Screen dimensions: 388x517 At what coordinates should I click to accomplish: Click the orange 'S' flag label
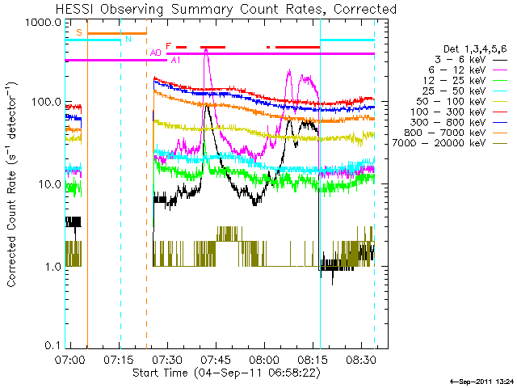click(79, 33)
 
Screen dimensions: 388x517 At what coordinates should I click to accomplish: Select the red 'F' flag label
click(168, 46)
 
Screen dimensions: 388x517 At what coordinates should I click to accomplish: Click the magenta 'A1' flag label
click(175, 60)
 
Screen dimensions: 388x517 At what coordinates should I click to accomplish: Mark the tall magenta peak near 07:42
click(206, 50)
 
